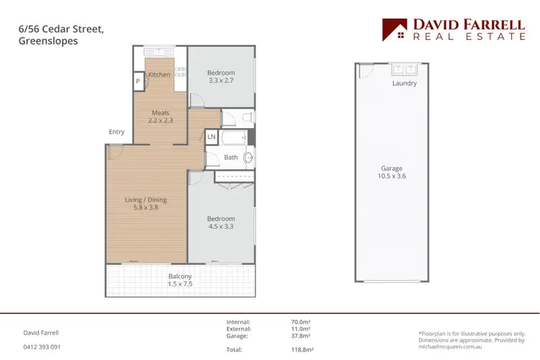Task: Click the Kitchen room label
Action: [x=159, y=74]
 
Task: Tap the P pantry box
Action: [x=138, y=82]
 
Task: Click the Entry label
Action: [x=117, y=132]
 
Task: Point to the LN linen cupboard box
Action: [x=211, y=136]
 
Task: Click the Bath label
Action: [x=230, y=157]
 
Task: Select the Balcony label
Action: [x=180, y=276]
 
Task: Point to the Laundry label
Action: [x=404, y=84]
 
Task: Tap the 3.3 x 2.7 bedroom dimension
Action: [x=221, y=81]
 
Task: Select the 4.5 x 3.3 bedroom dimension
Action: [x=221, y=227]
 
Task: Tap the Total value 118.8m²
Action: [x=300, y=349]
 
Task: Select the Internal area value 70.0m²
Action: [x=300, y=322]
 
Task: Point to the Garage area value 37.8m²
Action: [x=300, y=336]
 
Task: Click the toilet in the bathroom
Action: [x=246, y=117]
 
